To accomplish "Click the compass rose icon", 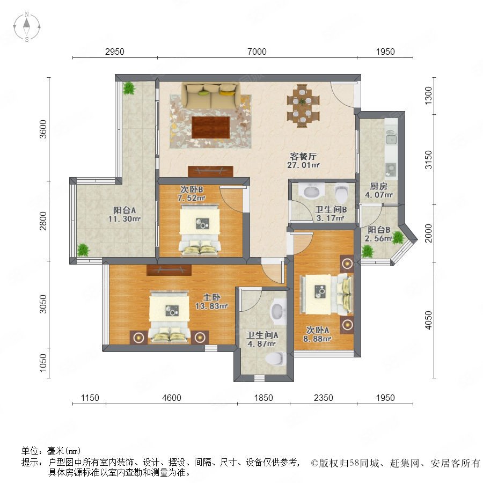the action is pyautogui.click(x=27, y=27).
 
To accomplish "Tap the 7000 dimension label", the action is pyautogui.click(x=257, y=52).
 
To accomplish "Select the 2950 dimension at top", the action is pyautogui.click(x=115, y=52).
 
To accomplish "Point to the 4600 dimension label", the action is pyautogui.click(x=172, y=398).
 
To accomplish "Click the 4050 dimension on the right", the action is pyautogui.click(x=428, y=320).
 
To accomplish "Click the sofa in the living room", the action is pyautogui.click(x=211, y=95).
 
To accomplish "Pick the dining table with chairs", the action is pyautogui.click(x=303, y=106).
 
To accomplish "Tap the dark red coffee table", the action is pyautogui.click(x=211, y=128).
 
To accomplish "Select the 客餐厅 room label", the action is pyautogui.click(x=303, y=156).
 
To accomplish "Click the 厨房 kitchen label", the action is pyautogui.click(x=378, y=186).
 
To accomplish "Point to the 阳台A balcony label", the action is pyautogui.click(x=125, y=210).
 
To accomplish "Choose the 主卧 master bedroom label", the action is pyautogui.click(x=211, y=297).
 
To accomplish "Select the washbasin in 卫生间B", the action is pyautogui.click(x=312, y=191).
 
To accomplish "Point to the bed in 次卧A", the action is pyautogui.click(x=326, y=295).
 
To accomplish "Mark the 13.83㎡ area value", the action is pyautogui.click(x=211, y=306).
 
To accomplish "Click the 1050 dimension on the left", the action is pyautogui.click(x=43, y=363).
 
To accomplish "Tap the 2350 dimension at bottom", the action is pyautogui.click(x=323, y=398).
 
